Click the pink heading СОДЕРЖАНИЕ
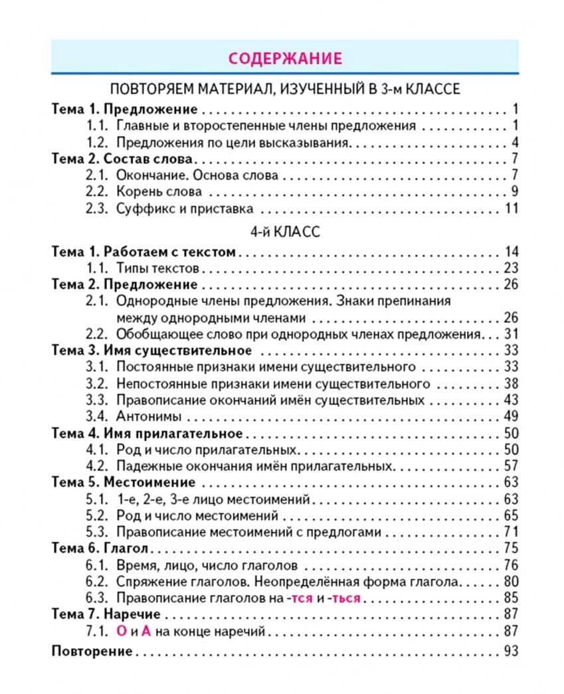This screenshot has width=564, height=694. [x=284, y=58]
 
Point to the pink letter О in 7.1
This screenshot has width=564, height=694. [x=121, y=632]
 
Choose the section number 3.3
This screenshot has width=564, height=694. [x=97, y=400]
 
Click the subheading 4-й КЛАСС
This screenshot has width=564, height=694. [x=284, y=232]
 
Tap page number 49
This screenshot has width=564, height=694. [x=510, y=417]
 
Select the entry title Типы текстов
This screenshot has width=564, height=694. [x=157, y=268]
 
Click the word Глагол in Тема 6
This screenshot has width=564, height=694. [x=126, y=549]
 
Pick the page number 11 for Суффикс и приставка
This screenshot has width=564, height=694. [x=510, y=209]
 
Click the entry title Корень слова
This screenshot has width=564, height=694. [x=159, y=193]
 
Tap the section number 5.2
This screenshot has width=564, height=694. [x=97, y=516]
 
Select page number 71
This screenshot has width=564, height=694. [x=510, y=532]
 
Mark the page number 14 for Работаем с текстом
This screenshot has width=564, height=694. [x=510, y=252]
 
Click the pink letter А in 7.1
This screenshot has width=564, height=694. [x=147, y=632]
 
